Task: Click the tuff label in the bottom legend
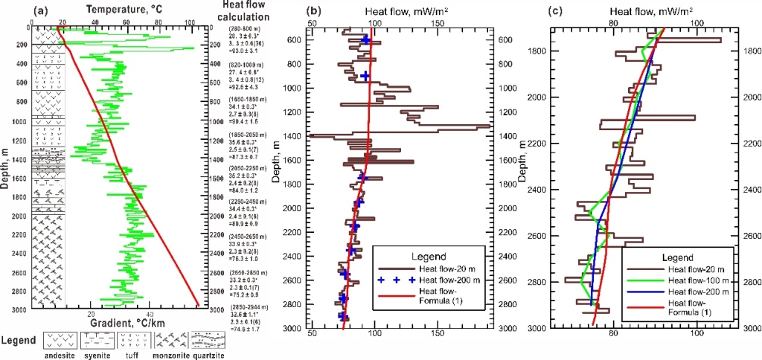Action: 136,352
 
